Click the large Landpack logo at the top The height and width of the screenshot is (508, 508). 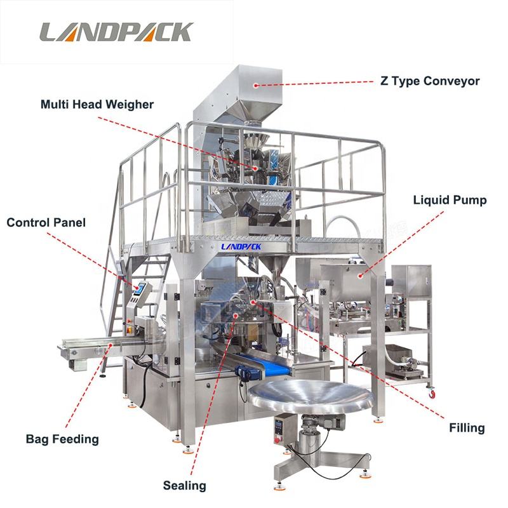click(x=117, y=32)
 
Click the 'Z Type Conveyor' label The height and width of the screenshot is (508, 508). click(x=430, y=81)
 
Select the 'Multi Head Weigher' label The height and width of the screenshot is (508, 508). click(x=97, y=104)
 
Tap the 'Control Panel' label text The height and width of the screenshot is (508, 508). click(x=46, y=223)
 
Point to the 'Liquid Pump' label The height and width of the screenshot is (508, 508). click(x=450, y=200)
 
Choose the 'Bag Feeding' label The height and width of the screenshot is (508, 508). click(x=62, y=439)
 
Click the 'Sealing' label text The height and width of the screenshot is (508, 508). click(x=184, y=485)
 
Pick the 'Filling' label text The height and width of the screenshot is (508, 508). click(x=467, y=427)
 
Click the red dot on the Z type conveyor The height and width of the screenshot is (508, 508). click(x=256, y=86)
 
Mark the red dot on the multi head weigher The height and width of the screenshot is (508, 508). click(x=255, y=168)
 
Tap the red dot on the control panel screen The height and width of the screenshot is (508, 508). click(x=138, y=288)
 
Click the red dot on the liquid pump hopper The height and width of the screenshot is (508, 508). click(x=359, y=276)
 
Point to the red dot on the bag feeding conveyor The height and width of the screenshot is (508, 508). click(x=110, y=345)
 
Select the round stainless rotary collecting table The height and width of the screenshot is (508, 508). click(x=311, y=395)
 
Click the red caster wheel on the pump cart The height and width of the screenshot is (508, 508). click(x=431, y=394)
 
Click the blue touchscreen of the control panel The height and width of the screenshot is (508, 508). click(x=140, y=288)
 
